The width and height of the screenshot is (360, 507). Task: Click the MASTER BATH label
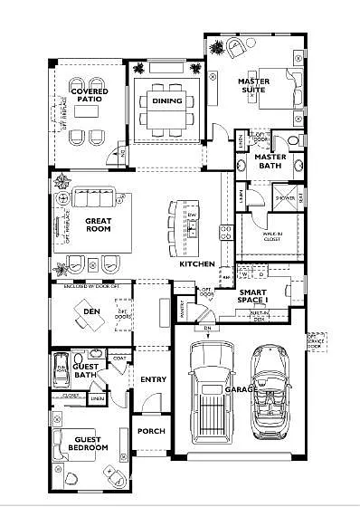coord(270,161)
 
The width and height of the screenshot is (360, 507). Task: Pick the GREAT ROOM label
coord(98,225)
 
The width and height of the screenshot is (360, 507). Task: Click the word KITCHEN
coord(196,263)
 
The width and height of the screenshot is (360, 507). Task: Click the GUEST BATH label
coord(86,369)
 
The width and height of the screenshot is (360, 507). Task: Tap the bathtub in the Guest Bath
coord(61,369)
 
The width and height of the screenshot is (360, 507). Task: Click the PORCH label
coord(150,431)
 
